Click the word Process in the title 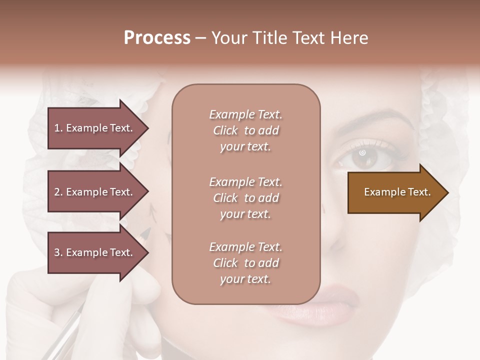coord(157,38)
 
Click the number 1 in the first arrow coord(57,128)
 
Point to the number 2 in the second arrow coord(57,192)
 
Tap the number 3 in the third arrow coord(57,253)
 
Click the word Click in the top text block coord(225,131)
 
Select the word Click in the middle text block coord(225,198)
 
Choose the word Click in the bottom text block coord(225,263)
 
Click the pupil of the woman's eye coord(362,152)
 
